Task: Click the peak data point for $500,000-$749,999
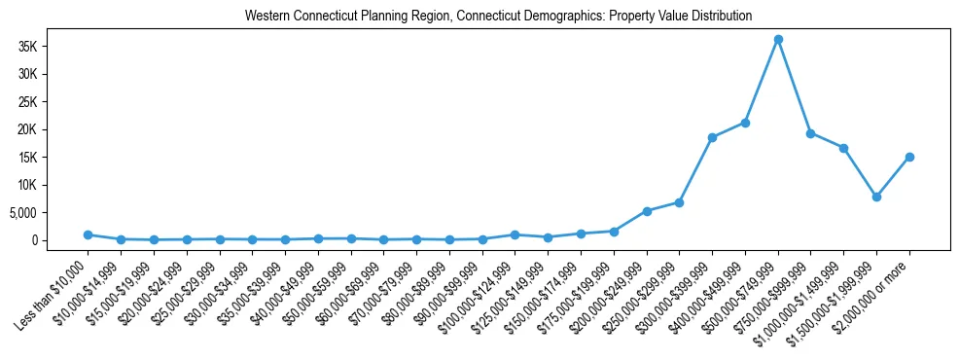[778, 39]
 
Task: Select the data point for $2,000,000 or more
[909, 157]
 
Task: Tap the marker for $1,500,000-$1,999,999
[876, 197]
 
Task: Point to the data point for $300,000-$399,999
[712, 137]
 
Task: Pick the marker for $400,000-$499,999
[745, 123]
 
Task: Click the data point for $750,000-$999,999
[811, 133]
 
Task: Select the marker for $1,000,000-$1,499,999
[843, 148]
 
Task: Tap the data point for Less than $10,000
[88, 234]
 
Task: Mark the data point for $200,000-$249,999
[647, 211]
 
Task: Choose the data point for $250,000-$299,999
[679, 202]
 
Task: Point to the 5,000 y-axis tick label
[48, 213]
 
